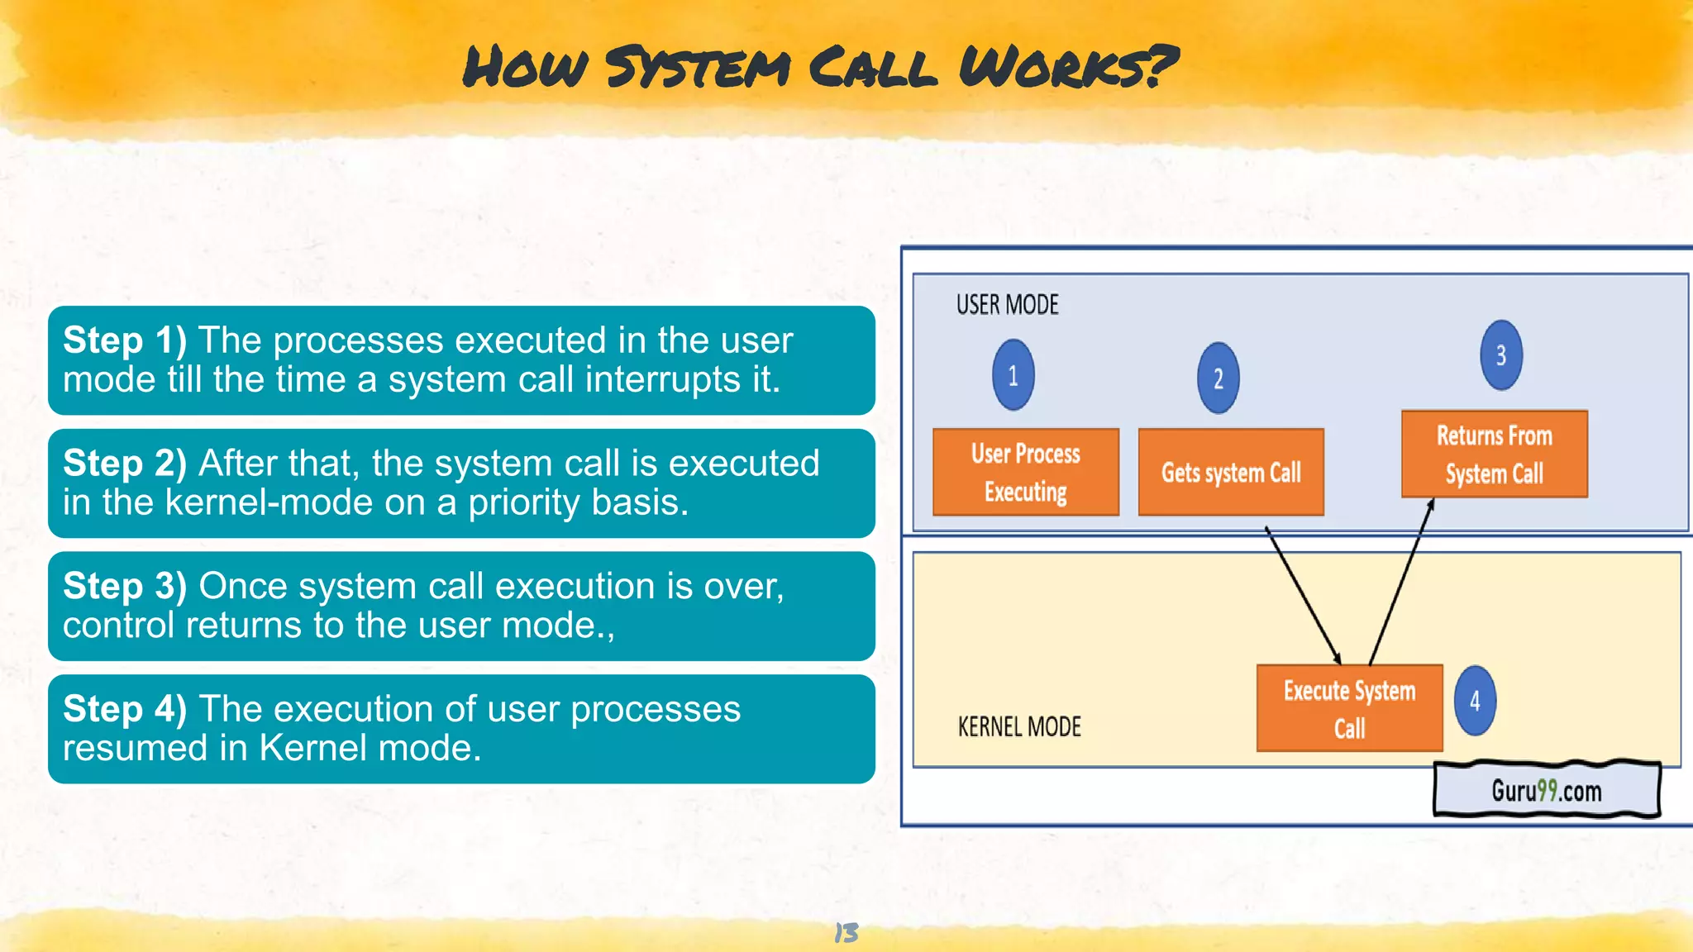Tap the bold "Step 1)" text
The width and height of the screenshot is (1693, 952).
pos(125,340)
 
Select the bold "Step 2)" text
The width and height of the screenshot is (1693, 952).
pos(125,464)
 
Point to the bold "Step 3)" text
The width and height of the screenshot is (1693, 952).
pos(125,587)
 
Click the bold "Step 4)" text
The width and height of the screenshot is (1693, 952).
pos(125,709)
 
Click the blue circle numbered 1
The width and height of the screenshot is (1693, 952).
pos(1013,375)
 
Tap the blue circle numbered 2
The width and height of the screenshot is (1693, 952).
pos(1218,378)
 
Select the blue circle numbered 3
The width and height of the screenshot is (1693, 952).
pos(1500,355)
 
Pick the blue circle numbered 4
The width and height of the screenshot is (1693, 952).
pos(1475,702)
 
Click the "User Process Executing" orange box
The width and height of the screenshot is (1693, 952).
pos(1026,472)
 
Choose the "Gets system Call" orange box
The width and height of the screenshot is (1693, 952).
pos(1231,472)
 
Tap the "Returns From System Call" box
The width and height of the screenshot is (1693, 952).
pos(1494,454)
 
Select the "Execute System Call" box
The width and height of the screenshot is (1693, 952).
pos(1349,708)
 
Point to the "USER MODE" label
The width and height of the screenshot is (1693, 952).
pos(1007,305)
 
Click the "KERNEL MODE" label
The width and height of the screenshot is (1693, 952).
pos(1018,727)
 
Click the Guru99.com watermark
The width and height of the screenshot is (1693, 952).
pos(1546,791)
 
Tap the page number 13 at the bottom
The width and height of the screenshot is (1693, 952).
pos(846,933)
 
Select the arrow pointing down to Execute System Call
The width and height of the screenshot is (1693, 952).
pos(1304,595)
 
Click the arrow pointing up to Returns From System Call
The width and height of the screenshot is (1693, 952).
pos(1401,583)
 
